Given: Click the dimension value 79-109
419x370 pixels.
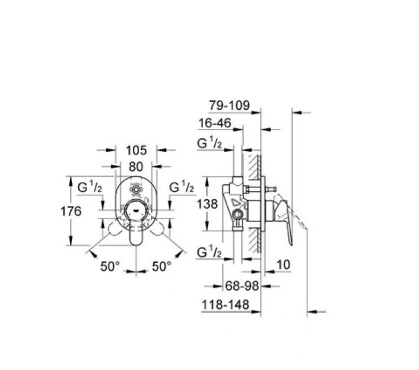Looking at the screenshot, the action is tap(229, 105).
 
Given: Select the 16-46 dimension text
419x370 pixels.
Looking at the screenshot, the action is tap(215, 123).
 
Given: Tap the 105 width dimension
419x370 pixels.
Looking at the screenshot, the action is tap(136, 150).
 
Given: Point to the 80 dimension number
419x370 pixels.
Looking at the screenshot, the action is tap(136, 167).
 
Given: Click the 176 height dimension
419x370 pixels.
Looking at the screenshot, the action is tap(71, 211).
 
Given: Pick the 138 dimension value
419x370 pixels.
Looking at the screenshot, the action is tap(207, 204).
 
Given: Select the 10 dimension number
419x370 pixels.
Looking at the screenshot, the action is tap(283, 265).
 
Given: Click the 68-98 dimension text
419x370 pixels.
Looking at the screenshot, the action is tap(242, 286).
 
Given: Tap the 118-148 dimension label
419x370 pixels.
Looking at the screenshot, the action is tap(225, 304).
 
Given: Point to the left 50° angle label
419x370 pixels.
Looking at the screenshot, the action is tap(110, 266).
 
